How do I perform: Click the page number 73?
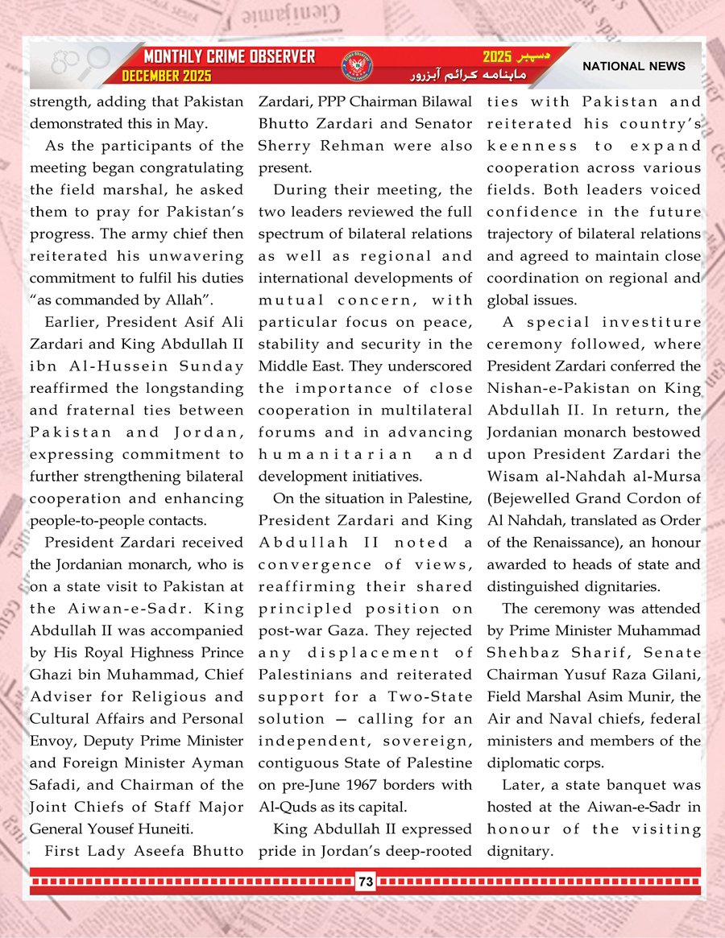pyautogui.click(x=366, y=882)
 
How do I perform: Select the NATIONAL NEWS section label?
pyautogui.click(x=634, y=66)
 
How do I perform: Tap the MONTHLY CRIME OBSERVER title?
pyautogui.click(x=229, y=57)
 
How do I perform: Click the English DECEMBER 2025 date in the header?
pyautogui.click(x=167, y=76)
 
